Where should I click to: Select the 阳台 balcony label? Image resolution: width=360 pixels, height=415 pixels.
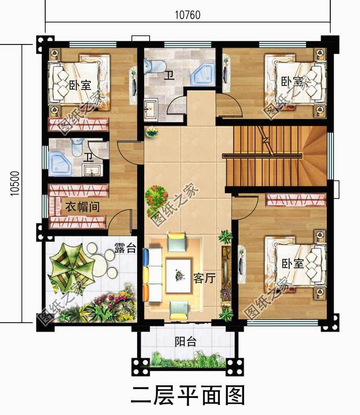(x=185, y=341)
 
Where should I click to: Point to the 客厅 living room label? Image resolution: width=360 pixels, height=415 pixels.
(x=204, y=278)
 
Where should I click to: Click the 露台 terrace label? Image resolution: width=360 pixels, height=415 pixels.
(x=125, y=248)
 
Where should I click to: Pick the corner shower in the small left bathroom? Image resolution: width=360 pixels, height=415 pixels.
(x=59, y=163)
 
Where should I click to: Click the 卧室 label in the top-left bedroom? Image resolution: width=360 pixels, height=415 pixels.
(x=80, y=86)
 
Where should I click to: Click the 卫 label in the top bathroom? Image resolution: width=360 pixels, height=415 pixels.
(x=168, y=75)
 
